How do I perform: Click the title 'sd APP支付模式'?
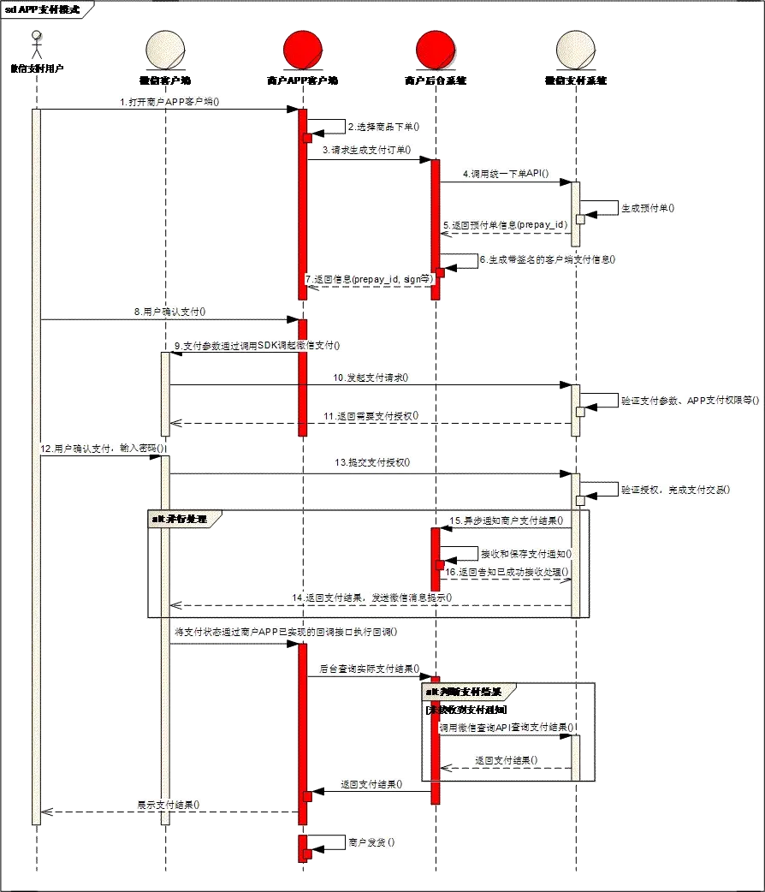tap(44, 9)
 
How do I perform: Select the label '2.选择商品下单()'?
tap(384, 127)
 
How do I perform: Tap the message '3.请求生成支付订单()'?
tap(366, 150)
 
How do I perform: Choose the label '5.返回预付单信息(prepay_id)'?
tap(505, 224)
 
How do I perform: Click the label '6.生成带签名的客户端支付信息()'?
tap(550, 259)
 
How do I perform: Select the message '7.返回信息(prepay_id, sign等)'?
tap(370, 279)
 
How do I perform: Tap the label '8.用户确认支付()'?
tap(172, 312)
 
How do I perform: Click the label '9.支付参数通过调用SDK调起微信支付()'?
tap(257, 346)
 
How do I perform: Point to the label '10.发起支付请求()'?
tap(371, 377)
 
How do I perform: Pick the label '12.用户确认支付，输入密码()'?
tap(103, 448)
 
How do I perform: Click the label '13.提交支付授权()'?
tap(372, 462)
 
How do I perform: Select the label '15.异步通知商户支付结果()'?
tap(504, 520)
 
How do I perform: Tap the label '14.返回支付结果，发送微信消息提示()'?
tap(373, 596)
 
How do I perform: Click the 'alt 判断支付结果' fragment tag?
tap(471, 691)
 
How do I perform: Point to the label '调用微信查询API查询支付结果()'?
tap(506, 727)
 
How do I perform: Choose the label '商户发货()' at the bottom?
tap(371, 842)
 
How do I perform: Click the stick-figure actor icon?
tap(35, 45)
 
